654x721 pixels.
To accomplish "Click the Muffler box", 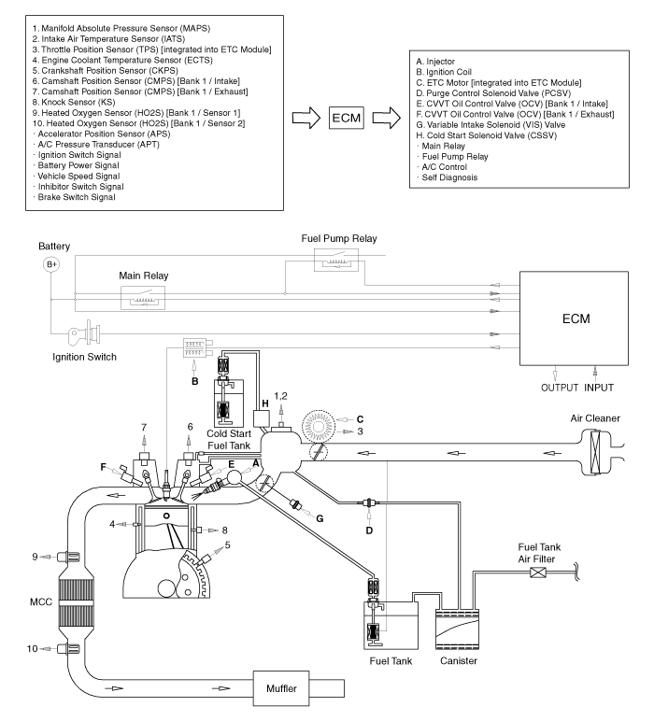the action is pyautogui.click(x=281, y=688).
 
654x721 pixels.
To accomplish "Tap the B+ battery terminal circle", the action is pyautogui.click(x=51, y=264).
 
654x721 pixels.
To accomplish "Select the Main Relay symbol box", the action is pyautogui.click(x=143, y=298).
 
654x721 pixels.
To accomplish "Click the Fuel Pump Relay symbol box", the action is pyautogui.click(x=336, y=261).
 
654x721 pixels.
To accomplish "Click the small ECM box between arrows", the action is pyautogui.click(x=347, y=118).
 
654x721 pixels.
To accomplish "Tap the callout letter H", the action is pyautogui.click(x=265, y=403).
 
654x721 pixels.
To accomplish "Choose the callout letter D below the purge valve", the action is pyautogui.click(x=369, y=530).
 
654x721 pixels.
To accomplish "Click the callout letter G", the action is pyautogui.click(x=320, y=518).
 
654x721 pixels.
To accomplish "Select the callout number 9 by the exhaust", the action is pyautogui.click(x=35, y=557).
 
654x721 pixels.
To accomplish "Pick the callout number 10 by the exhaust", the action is pyautogui.click(x=32, y=649).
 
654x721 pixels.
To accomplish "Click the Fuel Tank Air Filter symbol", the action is pyautogui.click(x=538, y=573).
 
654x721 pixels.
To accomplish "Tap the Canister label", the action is pyautogui.click(x=459, y=661).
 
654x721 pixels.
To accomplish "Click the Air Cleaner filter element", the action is pyautogui.click(x=595, y=452).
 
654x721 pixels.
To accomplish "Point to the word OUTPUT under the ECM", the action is pyautogui.click(x=560, y=388).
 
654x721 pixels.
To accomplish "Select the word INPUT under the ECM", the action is pyautogui.click(x=599, y=388).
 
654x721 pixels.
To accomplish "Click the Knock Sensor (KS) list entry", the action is pyautogui.click(x=74, y=102).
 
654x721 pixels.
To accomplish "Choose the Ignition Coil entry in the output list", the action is pyautogui.click(x=444, y=72).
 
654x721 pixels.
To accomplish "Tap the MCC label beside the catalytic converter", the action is pyautogui.click(x=41, y=601).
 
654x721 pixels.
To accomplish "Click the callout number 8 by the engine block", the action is pyautogui.click(x=224, y=530).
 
